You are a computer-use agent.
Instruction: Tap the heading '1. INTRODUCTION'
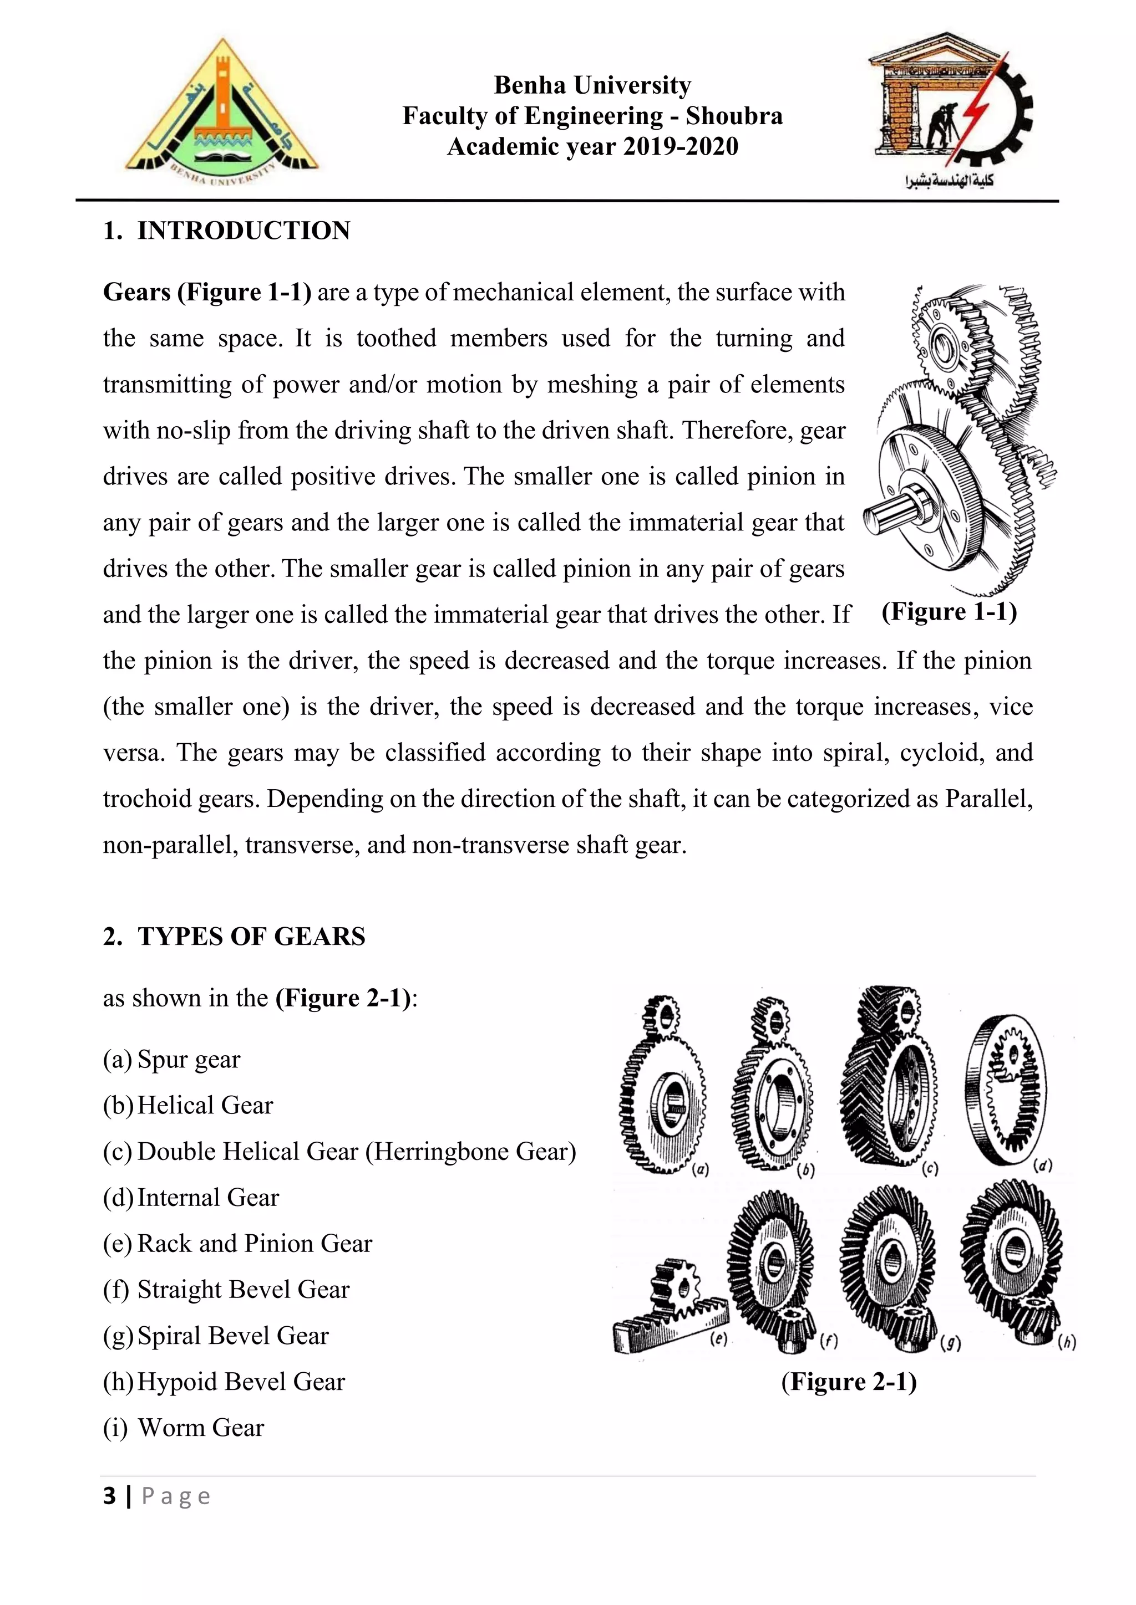click(227, 231)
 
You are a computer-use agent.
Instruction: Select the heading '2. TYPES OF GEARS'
click(234, 937)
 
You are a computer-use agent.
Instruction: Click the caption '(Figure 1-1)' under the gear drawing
click(949, 612)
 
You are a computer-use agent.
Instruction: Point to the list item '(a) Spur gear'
click(171, 1060)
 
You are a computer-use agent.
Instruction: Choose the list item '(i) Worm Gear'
click(183, 1428)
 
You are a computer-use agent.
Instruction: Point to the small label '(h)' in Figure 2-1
click(1066, 1343)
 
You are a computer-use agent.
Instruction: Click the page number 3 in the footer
click(109, 1496)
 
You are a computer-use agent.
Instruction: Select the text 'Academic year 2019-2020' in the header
click(592, 147)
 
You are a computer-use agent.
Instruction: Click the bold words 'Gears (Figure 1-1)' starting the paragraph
click(207, 292)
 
